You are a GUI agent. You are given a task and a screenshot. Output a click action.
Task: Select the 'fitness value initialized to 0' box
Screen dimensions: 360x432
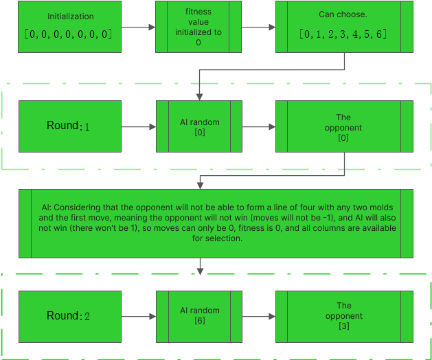(x=198, y=27)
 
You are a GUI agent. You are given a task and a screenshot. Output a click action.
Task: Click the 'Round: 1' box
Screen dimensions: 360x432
(x=69, y=126)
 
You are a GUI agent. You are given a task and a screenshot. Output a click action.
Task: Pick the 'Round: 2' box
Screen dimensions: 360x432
(x=69, y=316)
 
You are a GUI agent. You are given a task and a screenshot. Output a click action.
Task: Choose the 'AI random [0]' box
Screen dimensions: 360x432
(x=198, y=126)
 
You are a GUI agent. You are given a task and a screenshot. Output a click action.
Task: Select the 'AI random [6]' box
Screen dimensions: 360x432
(x=198, y=316)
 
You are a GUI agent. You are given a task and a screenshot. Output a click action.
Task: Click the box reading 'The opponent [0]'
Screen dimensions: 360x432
(x=343, y=126)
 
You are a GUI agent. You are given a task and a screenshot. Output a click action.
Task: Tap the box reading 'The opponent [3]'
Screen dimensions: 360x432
(x=343, y=316)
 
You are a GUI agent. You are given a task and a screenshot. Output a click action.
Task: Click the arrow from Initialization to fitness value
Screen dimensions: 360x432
(x=138, y=27)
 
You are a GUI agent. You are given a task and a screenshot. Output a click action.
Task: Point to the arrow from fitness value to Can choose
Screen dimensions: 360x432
(x=258, y=27)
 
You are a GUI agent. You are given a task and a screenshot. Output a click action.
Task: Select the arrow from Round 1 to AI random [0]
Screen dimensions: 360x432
(x=138, y=126)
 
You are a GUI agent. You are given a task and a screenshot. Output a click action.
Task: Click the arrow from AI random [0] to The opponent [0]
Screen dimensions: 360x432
(x=258, y=126)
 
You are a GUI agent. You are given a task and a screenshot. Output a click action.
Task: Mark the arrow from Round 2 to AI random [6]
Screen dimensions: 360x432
(x=138, y=316)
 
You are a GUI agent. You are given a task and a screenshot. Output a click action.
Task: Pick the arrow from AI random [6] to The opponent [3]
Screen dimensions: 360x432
(x=258, y=316)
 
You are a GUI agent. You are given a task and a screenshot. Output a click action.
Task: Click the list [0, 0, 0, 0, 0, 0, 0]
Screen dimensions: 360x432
(x=69, y=34)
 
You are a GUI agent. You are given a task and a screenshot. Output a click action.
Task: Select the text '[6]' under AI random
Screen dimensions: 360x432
(x=199, y=319)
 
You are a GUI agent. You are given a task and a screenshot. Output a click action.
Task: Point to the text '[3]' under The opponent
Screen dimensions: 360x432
(x=343, y=326)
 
